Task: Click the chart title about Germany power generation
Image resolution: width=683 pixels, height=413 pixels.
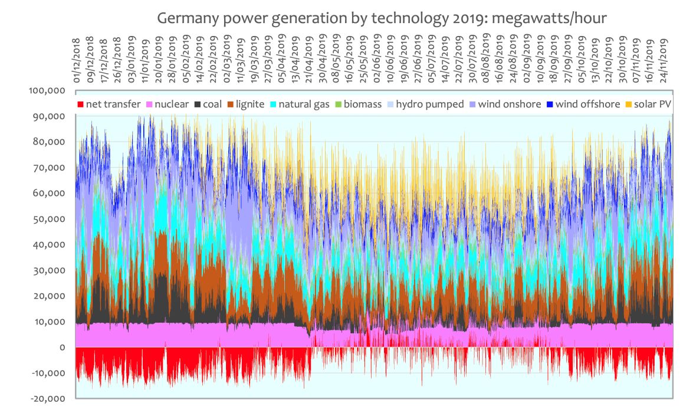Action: pyautogui.click(x=382, y=18)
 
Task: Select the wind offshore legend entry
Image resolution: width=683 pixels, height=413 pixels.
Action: pyautogui.click(x=582, y=104)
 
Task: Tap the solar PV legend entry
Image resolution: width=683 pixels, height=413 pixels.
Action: pyautogui.click(x=652, y=104)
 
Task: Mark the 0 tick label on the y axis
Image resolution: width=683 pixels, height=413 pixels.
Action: pyautogui.click(x=62, y=348)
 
